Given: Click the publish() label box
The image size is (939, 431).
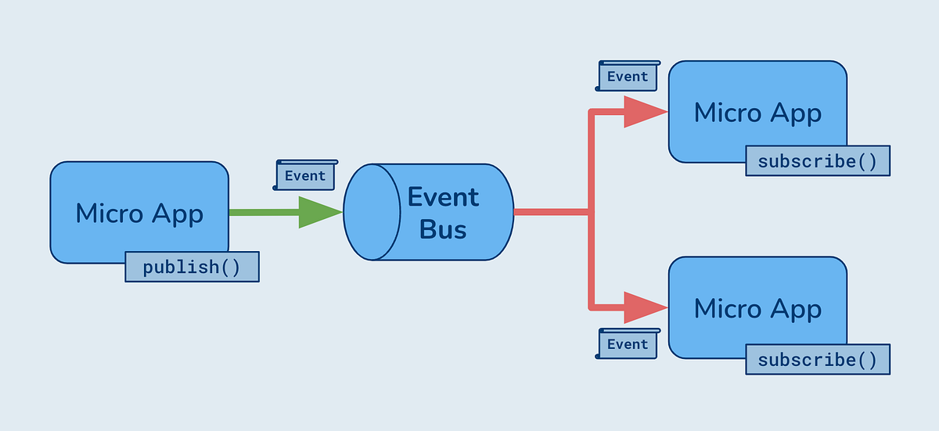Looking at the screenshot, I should click(x=192, y=267).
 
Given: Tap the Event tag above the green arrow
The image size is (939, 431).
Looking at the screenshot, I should click(x=305, y=176).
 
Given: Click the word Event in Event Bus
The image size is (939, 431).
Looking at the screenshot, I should click(x=444, y=196).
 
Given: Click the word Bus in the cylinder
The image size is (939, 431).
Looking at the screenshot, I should click(x=443, y=229).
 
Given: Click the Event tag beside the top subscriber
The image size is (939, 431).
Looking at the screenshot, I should click(x=628, y=77).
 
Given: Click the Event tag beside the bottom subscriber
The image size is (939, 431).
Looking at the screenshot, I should click(x=628, y=344).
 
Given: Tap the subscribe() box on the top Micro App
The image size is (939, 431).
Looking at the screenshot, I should click(x=818, y=161).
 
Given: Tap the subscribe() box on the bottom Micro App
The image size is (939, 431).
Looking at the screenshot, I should click(x=818, y=360).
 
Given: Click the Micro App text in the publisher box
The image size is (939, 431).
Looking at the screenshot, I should click(x=139, y=213).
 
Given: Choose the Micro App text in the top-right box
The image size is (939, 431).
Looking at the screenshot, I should click(x=757, y=113).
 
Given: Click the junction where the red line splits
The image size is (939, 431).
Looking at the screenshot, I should click(x=592, y=212).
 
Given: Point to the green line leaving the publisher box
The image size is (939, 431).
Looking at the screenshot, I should click(x=263, y=212).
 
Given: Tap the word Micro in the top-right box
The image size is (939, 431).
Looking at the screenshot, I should click(x=728, y=113).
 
